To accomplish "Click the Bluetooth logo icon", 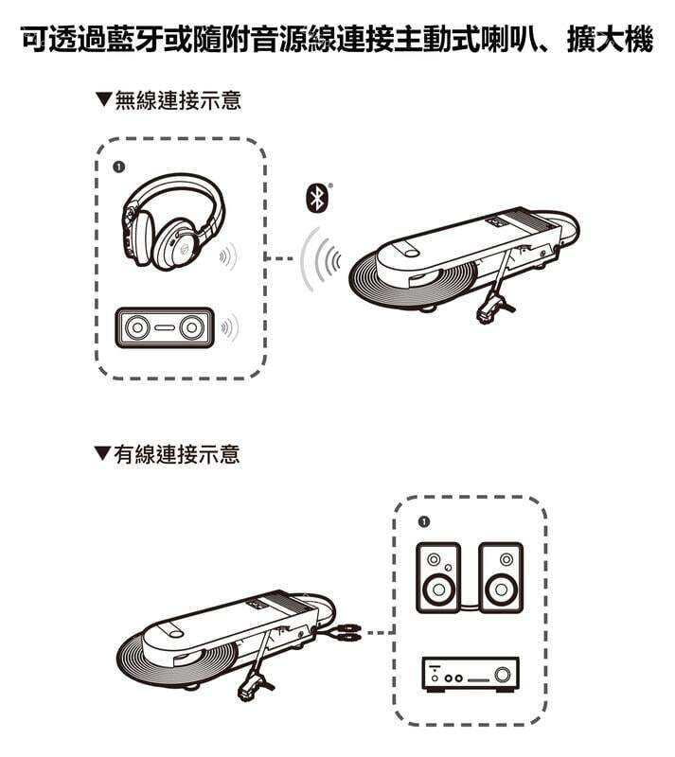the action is coord(317,199).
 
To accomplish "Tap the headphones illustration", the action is coord(172,221).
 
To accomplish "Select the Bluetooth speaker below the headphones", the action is coord(165,327).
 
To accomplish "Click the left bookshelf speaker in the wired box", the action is coord(438,577).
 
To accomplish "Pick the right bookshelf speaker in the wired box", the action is coord(501,577).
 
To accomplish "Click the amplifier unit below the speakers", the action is coord(471,675).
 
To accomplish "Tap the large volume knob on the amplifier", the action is coord(503,673).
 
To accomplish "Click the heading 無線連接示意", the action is coord(178,100).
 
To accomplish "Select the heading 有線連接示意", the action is coord(177,454).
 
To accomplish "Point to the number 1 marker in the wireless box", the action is coord(118,167).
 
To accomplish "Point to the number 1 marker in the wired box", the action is coord(424,522).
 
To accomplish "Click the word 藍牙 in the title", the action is coord(135,39).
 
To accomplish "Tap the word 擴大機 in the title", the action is coord(610,39).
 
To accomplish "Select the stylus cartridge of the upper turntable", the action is coord(493,309).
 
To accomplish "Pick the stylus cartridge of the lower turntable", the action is coord(254,685).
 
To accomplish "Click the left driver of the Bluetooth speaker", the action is coord(137,327).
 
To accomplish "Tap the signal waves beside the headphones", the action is coord(228,256).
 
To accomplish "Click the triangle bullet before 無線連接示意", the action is coord(103,99).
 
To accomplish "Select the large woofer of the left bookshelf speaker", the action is coord(438,589).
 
